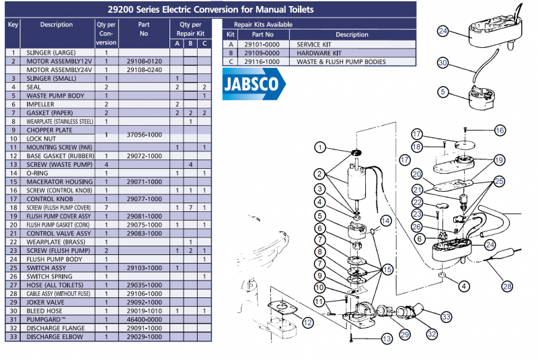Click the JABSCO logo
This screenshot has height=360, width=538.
(x=253, y=87)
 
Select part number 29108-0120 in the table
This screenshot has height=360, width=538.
(x=143, y=61)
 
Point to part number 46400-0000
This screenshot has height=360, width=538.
(x=143, y=319)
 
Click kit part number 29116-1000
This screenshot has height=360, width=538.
(x=262, y=61)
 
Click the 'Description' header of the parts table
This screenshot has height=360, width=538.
(x=56, y=25)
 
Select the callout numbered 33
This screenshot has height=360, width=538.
(x=446, y=316)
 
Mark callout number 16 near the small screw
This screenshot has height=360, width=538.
(x=500, y=129)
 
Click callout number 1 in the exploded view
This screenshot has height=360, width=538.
(x=319, y=147)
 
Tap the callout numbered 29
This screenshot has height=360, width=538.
(x=404, y=334)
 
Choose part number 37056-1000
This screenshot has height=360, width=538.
(x=143, y=135)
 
